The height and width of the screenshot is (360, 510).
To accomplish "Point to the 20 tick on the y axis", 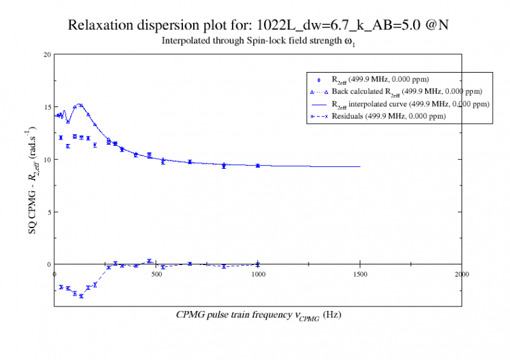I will pos(47,54).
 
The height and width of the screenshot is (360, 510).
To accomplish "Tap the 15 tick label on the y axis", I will pos(47,106).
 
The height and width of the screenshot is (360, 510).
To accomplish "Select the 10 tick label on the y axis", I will pos(47,159).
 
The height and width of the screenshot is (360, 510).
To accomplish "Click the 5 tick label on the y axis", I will pos(48,212).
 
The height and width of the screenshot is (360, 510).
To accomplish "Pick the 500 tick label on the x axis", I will pos(156,273).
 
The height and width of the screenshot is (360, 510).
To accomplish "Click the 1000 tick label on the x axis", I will pos(258,273).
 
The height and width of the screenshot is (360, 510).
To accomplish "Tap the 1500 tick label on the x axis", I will pos(360,273).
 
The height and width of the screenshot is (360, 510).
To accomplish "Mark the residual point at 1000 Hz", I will pos(258,264).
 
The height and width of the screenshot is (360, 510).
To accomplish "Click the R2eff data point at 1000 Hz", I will pos(258,165).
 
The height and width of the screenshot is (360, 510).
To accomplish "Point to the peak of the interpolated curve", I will pos(80,104).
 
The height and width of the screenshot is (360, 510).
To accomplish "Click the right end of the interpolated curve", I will pos(360,167).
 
